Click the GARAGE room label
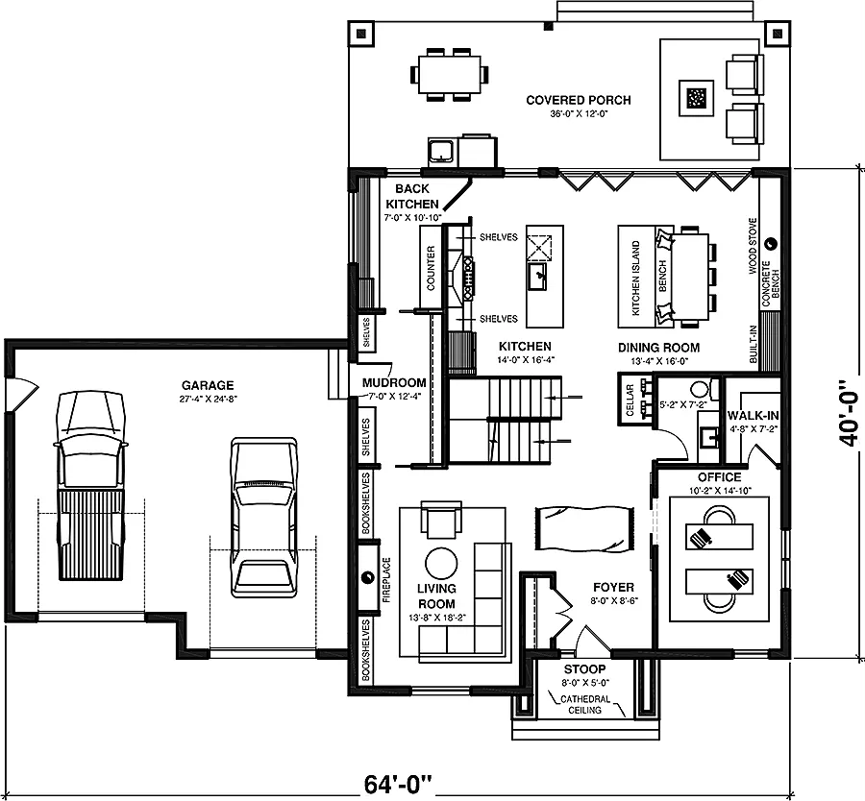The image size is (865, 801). pyautogui.click(x=208, y=385)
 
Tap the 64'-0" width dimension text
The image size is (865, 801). pyautogui.click(x=397, y=784)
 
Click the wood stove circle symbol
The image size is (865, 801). pyautogui.click(x=772, y=243)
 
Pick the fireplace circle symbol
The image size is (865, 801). pyautogui.click(x=367, y=577)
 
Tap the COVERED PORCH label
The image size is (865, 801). pyautogui.click(x=579, y=100)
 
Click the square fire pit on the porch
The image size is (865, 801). pyautogui.click(x=696, y=99)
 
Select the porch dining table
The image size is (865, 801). pyautogui.click(x=450, y=74)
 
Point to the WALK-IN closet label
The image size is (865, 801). pyautogui.click(x=753, y=416)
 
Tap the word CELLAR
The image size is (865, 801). pyautogui.click(x=630, y=400)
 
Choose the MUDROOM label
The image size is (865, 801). pyautogui.click(x=394, y=382)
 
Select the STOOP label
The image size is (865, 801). pyautogui.click(x=584, y=669)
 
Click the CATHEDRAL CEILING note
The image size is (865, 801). pyautogui.click(x=584, y=705)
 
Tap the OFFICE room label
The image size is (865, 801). pyautogui.click(x=719, y=477)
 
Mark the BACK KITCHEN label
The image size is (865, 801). pyautogui.click(x=412, y=196)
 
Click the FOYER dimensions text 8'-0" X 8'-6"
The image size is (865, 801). pyautogui.click(x=613, y=601)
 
